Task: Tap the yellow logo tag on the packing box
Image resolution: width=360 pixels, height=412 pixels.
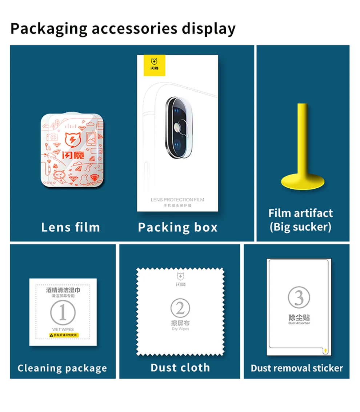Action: (155, 65)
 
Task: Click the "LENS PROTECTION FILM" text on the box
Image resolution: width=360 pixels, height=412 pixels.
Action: (177, 200)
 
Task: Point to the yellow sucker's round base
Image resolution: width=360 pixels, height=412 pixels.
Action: (303, 181)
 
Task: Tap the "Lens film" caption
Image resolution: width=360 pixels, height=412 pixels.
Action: (70, 227)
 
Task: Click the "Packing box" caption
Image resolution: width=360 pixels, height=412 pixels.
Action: (177, 227)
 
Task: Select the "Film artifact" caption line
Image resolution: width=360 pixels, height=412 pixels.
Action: (301, 213)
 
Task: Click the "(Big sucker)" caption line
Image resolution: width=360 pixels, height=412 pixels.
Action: (301, 227)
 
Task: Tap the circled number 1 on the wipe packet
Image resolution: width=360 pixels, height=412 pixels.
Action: (63, 313)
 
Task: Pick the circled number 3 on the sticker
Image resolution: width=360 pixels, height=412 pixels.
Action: (299, 297)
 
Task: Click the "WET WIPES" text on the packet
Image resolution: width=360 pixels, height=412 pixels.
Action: (63, 329)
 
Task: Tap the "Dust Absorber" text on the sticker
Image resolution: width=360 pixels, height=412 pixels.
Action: (299, 323)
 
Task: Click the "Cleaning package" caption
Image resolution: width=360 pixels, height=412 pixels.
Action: (62, 368)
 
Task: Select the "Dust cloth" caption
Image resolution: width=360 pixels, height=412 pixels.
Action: (180, 368)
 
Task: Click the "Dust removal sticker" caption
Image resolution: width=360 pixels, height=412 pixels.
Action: (297, 368)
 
